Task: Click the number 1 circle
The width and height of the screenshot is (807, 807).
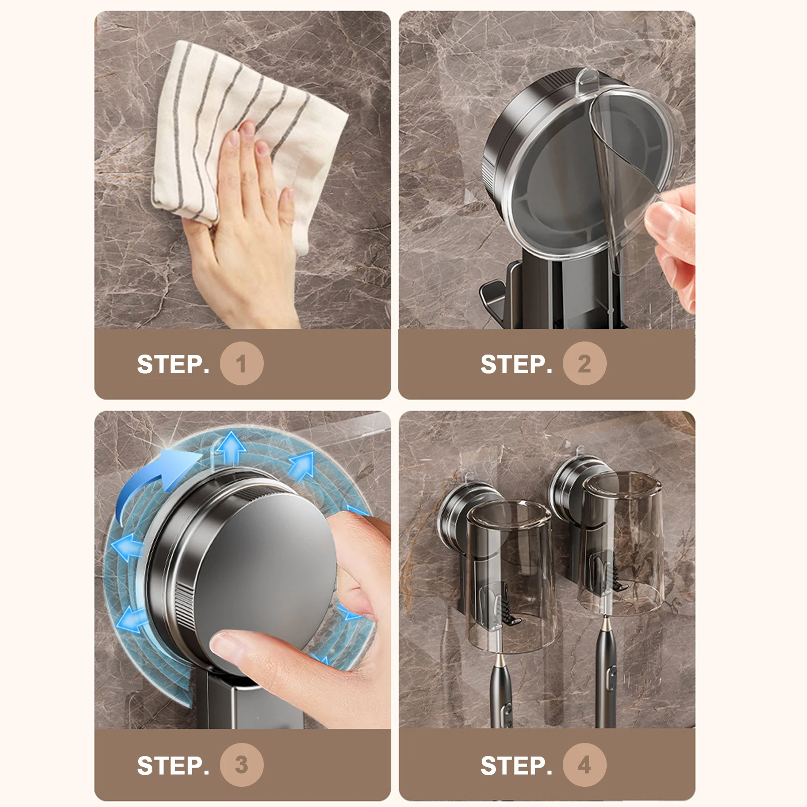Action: (x=242, y=364)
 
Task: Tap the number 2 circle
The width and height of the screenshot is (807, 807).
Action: (x=585, y=364)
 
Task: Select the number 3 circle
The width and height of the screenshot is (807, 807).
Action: (x=242, y=765)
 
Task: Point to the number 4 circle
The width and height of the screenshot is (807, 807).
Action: (x=585, y=765)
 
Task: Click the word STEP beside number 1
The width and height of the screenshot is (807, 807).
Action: (x=172, y=364)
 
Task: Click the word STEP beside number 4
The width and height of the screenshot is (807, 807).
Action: (x=516, y=765)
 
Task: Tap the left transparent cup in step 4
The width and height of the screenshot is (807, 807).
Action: (x=509, y=575)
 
